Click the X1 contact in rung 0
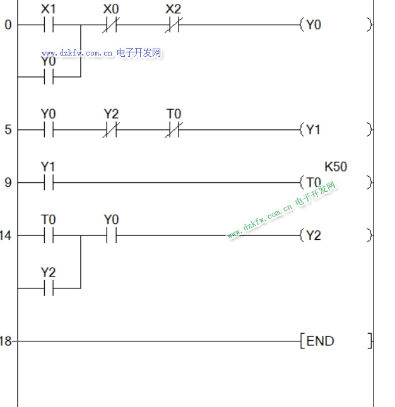tap(49, 25)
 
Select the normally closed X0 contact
tap(112, 25)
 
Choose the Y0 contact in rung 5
tap(49, 130)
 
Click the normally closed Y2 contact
tap(112, 130)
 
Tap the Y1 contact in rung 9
tap(49, 183)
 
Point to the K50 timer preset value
tap(336, 167)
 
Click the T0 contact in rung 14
tap(49, 236)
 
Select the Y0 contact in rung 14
tap(112, 236)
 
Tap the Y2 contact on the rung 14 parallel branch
tap(49, 288)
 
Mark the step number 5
tap(8, 130)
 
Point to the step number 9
tap(8, 183)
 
